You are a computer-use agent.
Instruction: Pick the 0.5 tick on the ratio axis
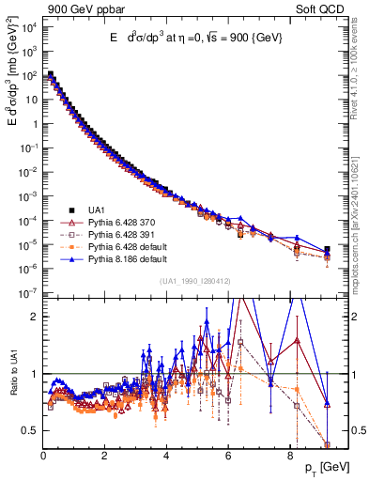coord(30,431)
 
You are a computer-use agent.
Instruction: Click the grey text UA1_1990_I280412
coord(185,281)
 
